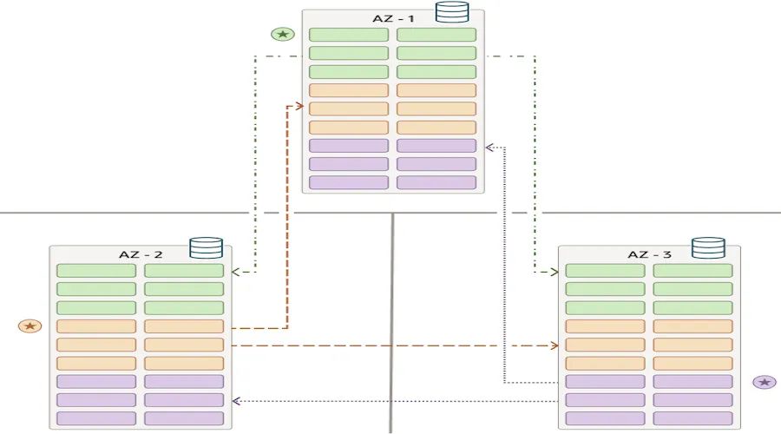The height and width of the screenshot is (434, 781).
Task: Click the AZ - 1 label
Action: point(393,18)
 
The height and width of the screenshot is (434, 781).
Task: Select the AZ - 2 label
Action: point(141,254)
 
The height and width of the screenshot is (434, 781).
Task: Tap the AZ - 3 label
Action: point(649,254)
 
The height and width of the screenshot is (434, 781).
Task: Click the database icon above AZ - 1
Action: point(451,12)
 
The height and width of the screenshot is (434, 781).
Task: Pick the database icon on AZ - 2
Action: point(206,248)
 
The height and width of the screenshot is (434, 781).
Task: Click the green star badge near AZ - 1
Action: point(282,35)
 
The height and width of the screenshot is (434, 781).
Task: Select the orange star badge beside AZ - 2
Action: point(30,325)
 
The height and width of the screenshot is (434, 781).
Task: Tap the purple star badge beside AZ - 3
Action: point(765,382)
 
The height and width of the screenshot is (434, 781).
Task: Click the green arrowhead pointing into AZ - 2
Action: point(237,272)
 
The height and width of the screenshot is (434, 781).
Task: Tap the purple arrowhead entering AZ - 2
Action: point(237,401)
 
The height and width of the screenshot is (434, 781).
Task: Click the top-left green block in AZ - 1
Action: point(349,35)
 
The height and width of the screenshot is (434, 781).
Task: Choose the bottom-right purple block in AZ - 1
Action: point(436,182)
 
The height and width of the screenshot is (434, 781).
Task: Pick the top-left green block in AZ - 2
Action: point(96,271)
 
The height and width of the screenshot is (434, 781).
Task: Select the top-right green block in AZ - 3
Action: point(692,271)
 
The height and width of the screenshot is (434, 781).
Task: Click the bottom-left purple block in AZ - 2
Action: point(96,418)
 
